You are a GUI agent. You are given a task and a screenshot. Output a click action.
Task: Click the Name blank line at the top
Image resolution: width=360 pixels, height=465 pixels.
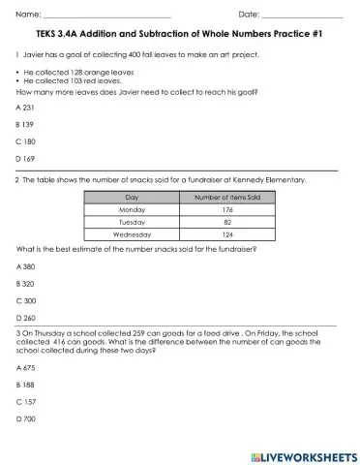click(107, 15)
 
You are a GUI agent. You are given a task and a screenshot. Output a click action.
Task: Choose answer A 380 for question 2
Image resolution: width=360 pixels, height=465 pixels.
click(26, 265)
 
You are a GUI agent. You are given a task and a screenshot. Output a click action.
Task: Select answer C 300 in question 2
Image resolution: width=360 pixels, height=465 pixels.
click(26, 299)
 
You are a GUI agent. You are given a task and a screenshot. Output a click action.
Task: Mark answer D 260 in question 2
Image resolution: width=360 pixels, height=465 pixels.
click(26, 316)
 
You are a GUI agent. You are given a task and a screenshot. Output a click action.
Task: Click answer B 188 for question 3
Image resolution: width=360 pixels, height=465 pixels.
click(26, 385)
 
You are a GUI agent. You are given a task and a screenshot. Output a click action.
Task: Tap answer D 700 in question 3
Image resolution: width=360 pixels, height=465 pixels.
click(26, 418)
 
